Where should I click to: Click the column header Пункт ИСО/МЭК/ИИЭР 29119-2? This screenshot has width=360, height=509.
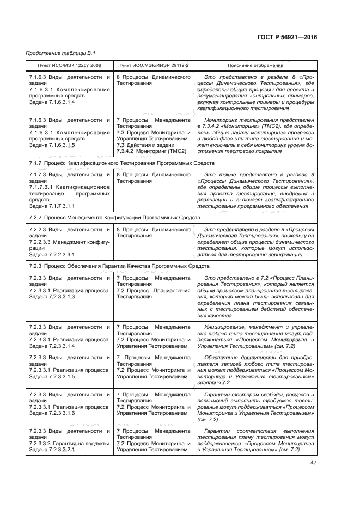coord(153,65)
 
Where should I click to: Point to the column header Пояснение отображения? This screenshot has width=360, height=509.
coord(255,65)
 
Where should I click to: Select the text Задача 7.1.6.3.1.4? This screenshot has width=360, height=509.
coord(52,102)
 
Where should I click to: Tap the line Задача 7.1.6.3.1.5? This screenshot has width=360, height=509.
coord(52,145)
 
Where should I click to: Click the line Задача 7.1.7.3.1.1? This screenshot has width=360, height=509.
coord(52,206)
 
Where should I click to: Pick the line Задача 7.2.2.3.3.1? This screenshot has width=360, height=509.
coord(52,254)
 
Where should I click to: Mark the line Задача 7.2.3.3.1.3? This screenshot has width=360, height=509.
coord(52,297)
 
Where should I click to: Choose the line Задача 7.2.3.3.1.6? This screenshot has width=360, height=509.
coord(52,413)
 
